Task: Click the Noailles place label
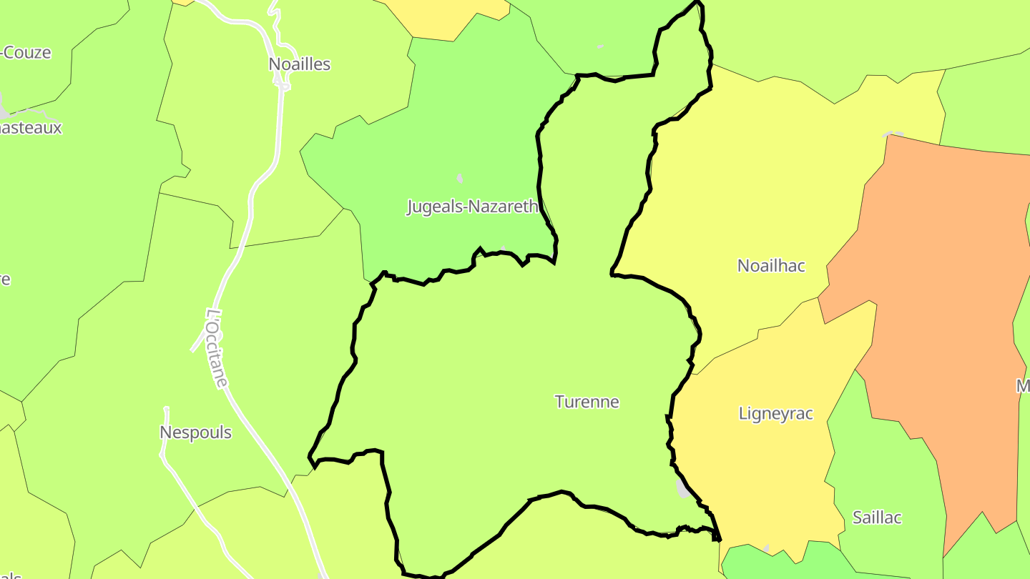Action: (299, 64)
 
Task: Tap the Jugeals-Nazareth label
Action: (472, 207)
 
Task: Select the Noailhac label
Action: (771, 266)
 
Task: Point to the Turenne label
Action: (587, 402)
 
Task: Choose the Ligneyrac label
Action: (775, 414)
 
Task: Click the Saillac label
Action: (877, 518)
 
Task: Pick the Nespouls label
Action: (195, 432)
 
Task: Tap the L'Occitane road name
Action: (217, 348)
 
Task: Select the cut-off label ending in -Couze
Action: (27, 53)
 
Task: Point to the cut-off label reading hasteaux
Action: (31, 129)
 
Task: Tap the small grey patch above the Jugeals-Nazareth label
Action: (460, 177)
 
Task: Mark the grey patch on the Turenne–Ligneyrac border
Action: (683, 488)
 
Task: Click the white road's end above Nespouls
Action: (167, 410)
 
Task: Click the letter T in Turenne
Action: (559, 402)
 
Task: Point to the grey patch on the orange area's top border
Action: (893, 134)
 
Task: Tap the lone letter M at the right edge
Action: (1023, 387)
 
